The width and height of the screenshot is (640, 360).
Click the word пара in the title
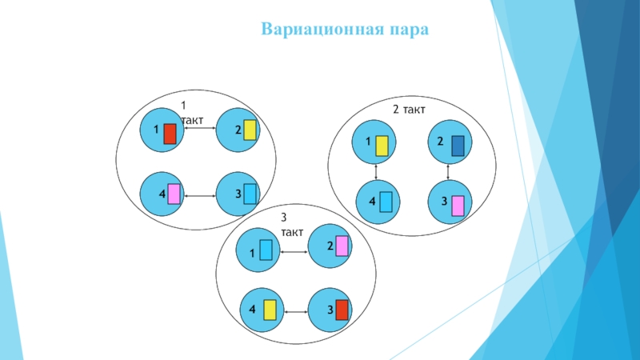410,30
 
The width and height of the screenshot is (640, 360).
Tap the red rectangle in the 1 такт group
170,134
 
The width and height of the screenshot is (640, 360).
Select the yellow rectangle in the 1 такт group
250,130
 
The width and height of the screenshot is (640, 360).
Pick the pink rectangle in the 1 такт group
174,194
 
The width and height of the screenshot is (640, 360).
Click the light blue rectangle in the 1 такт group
250,194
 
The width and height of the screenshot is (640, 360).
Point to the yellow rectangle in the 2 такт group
382,145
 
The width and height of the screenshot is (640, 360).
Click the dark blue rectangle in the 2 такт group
458,145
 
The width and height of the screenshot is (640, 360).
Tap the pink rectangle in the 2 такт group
458,206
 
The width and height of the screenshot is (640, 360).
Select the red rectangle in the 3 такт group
342,310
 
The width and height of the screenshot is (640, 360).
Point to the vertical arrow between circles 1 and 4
376,172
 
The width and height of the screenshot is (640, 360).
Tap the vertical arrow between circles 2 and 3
448,172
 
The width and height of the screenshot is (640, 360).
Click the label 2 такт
408,108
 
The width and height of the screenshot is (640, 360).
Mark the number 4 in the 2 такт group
372,202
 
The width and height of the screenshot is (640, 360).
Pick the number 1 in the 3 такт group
252,253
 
